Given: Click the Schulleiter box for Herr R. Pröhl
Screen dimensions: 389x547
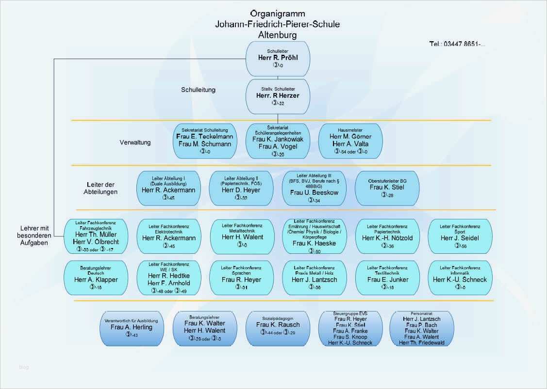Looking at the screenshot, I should coord(278,58).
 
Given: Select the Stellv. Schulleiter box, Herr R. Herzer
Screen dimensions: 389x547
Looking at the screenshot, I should coord(278,95).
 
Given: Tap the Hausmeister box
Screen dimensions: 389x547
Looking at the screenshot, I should coord(350,140).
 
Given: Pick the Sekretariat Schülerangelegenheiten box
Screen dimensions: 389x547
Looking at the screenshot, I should coord(278,140).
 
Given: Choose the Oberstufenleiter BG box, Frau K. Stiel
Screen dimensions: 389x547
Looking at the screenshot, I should coord(387,188).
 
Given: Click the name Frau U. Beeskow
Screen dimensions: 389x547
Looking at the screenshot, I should coord(314,192).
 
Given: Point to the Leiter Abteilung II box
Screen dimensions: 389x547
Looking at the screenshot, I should coord(241,188).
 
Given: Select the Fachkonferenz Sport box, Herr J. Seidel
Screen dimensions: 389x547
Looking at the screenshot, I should coord(460,236).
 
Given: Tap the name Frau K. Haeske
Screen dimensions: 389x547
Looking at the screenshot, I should coord(314,243).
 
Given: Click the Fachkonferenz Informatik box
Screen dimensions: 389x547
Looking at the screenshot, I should coord(460,278).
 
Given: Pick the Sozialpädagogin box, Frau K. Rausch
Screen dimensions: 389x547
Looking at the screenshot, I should coord(278,327).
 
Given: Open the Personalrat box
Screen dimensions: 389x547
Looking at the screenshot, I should coord(421,328).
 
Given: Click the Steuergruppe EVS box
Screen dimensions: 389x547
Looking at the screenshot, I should coord(350,328).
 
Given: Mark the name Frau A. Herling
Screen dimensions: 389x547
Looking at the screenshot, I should coord(131,327).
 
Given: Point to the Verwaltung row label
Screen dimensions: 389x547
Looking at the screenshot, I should coord(135,142).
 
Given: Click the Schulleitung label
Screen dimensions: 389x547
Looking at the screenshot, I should coord(198,90).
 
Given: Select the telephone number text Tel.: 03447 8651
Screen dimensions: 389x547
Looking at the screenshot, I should coord(457,44).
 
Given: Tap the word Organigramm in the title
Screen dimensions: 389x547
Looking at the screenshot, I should coord(278,13).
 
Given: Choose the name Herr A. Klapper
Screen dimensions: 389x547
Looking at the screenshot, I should coord(96,280).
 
